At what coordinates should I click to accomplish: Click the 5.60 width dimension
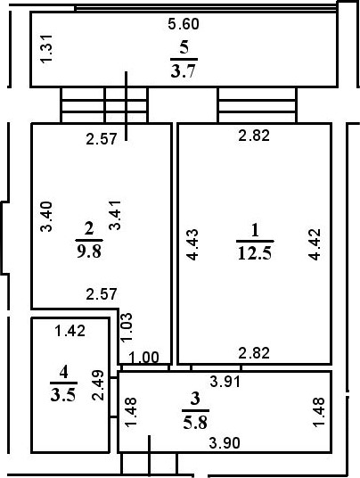pos(184,24)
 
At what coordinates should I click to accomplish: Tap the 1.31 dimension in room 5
pos(47,49)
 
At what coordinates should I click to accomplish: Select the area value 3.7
pos(183,71)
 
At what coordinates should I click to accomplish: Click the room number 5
pos(184,47)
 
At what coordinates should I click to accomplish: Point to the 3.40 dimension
pos(47,217)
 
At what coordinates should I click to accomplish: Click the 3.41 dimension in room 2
pos(116,215)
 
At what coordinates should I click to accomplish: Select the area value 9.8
pos(89,251)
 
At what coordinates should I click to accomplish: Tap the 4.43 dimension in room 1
pos(192,244)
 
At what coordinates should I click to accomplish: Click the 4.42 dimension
pos(315,244)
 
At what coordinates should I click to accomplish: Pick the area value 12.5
pos(255,253)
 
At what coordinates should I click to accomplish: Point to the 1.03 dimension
pos(127,327)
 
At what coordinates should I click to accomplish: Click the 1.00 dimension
pos(143,358)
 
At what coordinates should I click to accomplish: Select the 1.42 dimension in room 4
pos(70,331)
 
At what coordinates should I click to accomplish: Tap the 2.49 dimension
pos(98,385)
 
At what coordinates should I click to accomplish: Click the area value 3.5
pos(63,395)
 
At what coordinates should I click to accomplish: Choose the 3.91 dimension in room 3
pos(225,382)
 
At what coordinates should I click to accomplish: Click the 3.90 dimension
pos(225,443)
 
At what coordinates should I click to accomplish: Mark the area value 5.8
pos(195,423)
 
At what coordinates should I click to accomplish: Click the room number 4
pos(63,372)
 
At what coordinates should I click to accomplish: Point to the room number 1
pos(255,230)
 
